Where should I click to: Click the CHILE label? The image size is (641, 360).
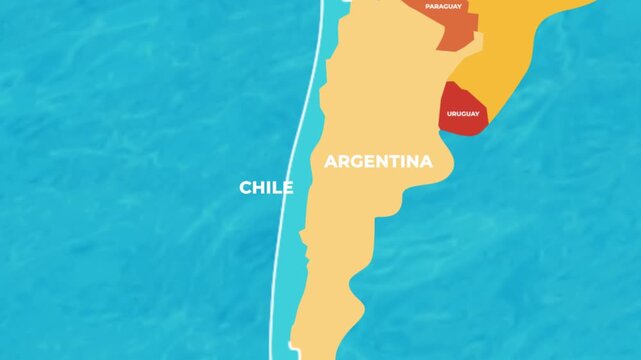coord(266,187)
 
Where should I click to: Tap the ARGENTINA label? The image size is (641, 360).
coord(378,161)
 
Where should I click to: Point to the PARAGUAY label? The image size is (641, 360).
coord(443,6)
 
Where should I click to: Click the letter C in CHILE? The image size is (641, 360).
coord(245,187)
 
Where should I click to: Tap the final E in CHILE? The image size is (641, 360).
coord(288,187)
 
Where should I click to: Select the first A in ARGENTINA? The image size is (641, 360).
coord(331,161)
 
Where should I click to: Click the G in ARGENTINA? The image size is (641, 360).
coord(355,161)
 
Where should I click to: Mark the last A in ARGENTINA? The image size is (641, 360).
coord(425,161)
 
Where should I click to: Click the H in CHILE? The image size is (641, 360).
coord(258,187)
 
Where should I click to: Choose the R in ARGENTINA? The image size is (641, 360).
coord(343,161)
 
